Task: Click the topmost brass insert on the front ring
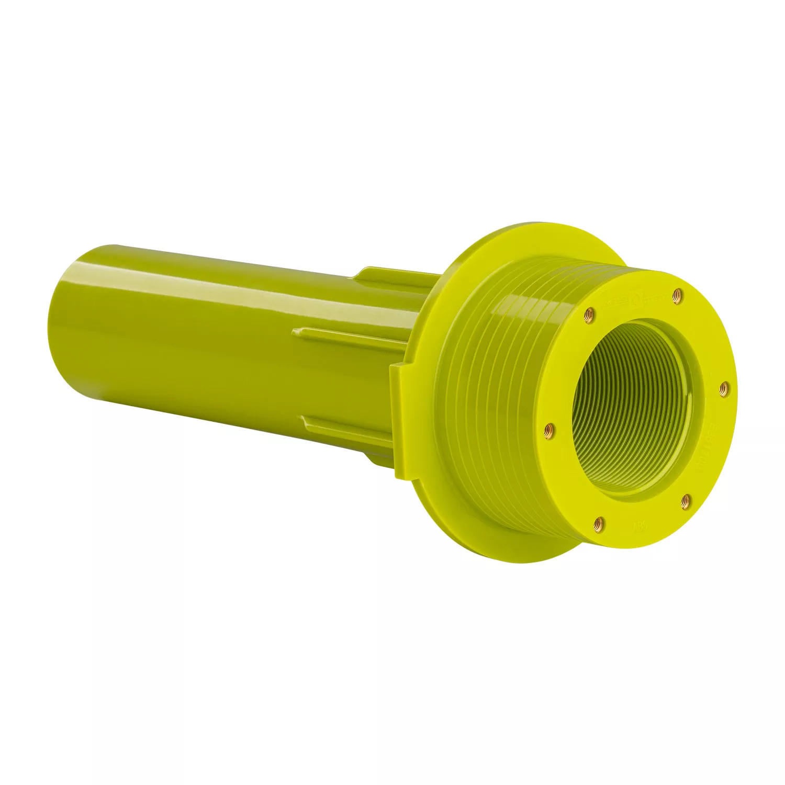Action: point(677,294)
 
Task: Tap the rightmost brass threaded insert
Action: point(723,386)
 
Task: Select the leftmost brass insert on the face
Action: point(548,429)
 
